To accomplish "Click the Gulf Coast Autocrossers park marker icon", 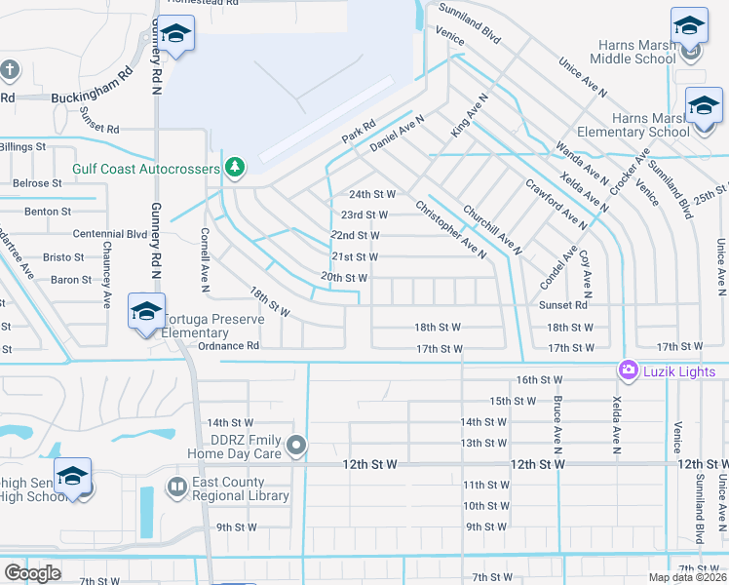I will (x=234, y=168).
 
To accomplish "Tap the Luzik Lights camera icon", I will (x=628, y=370).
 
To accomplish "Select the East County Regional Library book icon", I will (x=177, y=486).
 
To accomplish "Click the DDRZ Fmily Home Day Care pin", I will (x=298, y=446).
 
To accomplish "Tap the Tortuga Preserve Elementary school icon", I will (x=146, y=312).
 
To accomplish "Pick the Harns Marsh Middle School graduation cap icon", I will (x=688, y=27).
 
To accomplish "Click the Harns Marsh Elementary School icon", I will (x=704, y=105).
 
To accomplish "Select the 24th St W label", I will (x=372, y=194).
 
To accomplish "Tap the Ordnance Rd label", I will (x=228, y=345).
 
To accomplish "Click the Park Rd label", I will (x=359, y=136).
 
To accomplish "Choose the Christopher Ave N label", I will (x=449, y=230).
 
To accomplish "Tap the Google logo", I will (x=32, y=572).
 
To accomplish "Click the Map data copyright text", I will (x=687, y=577).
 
